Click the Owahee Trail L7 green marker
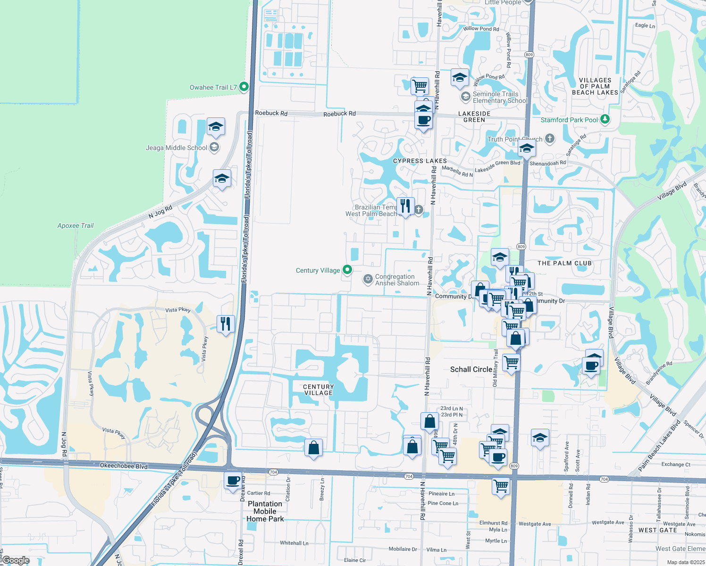point(244,87)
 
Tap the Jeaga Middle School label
point(176,148)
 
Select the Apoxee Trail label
point(76,225)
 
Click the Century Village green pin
point(347,270)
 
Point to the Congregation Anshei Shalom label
point(397,280)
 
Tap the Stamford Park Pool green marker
point(605,119)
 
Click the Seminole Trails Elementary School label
point(500,97)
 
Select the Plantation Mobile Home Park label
point(265,511)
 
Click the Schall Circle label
point(471,369)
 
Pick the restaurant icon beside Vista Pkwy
point(226,324)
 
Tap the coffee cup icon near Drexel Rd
point(233,481)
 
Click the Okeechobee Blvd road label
point(124,466)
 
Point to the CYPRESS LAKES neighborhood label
point(420,161)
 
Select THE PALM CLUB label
point(564,263)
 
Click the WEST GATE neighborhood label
point(657,530)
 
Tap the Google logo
point(16,560)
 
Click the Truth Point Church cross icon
point(549,139)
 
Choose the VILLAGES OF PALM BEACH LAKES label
point(595,86)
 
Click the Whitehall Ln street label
point(294,543)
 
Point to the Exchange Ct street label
point(676,465)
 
